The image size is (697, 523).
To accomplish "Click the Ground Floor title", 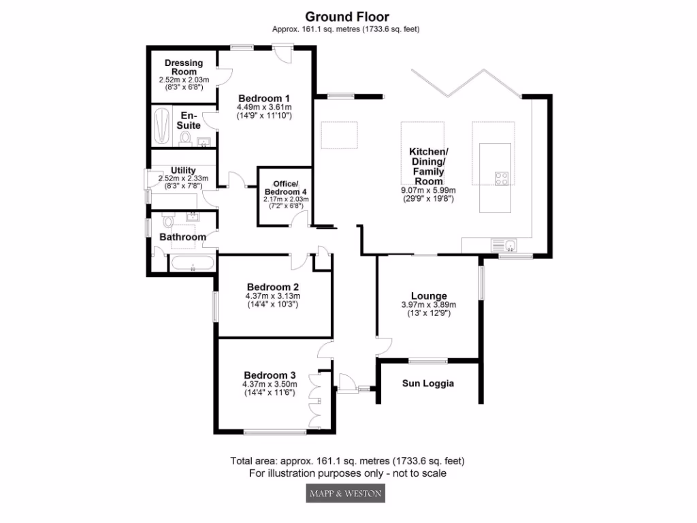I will tap(348, 16).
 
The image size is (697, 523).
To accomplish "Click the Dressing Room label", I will tap(184, 67).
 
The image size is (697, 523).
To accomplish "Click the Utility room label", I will tap(183, 170).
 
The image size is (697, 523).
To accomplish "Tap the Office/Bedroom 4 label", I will tap(286, 188).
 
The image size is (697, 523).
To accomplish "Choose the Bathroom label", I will tap(182, 237).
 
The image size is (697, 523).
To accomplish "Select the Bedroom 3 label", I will tap(270, 375).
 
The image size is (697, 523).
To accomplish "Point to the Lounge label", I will tap(429, 296).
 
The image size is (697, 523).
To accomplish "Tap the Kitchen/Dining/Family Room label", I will tap(427, 167).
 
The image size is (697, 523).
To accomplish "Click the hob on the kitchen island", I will tap(502, 178).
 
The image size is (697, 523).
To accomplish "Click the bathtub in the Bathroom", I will tap(193, 264).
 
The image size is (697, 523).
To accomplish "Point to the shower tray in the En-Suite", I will tap(161, 126).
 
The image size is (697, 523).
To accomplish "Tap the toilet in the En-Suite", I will tap(185, 139).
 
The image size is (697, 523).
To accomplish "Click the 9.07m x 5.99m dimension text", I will tap(428, 191).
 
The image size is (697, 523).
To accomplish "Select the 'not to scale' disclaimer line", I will tap(348, 473).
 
